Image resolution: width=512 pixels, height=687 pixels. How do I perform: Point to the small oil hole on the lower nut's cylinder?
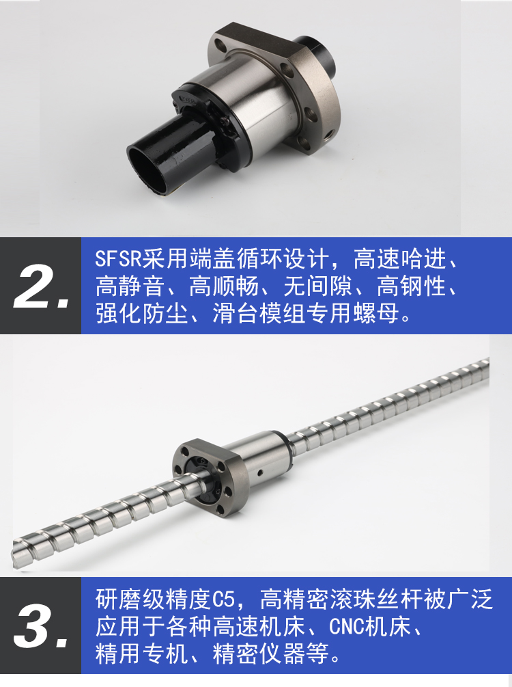(x=260, y=472)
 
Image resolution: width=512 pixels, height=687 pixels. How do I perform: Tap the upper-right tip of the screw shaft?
(x=487, y=363)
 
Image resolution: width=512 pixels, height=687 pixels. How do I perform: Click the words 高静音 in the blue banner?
(x=130, y=286)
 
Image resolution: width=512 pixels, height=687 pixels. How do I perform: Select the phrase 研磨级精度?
(x=153, y=600)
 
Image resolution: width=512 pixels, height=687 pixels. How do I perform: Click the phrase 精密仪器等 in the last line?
(x=270, y=654)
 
